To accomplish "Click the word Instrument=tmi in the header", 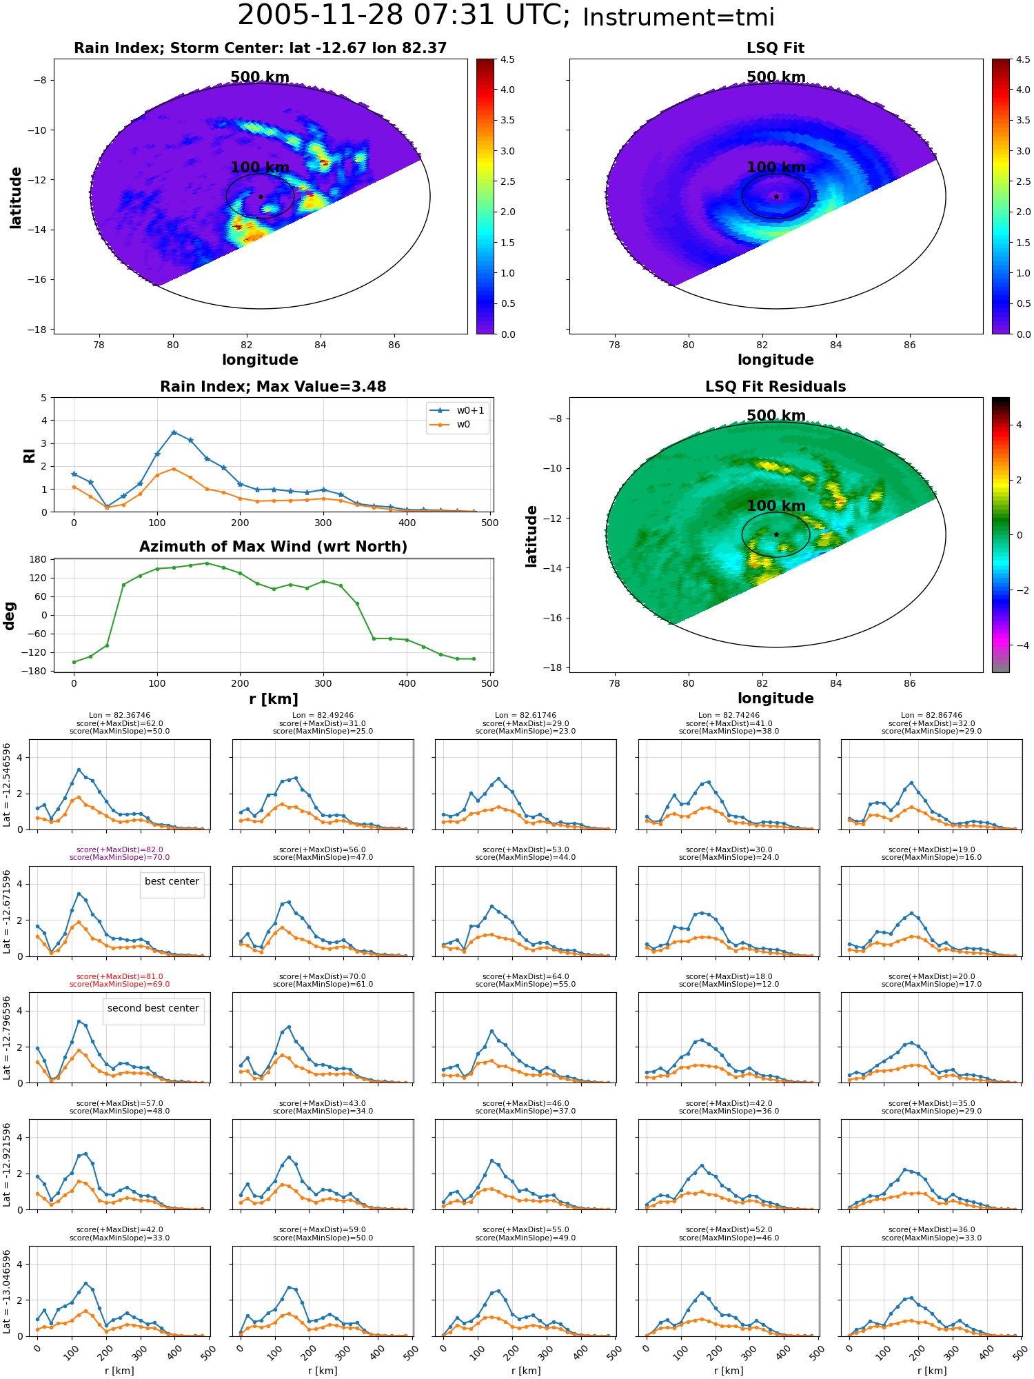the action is point(678,18).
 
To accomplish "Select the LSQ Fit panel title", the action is point(775,48).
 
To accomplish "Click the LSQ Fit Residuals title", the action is point(775,387).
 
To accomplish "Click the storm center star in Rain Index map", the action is point(261,197).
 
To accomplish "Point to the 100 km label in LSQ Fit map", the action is point(776,167).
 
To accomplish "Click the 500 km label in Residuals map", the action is point(776,415).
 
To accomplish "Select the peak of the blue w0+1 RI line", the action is point(174,432).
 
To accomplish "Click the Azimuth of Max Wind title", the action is point(273,547).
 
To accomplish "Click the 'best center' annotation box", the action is point(172,881).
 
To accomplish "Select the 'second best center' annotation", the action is point(153,1008).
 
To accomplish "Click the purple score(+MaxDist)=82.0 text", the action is point(119,849).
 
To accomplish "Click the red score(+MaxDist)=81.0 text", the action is point(119,976).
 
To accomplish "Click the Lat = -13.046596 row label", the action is point(7,1291).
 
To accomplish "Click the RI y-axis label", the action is point(30,455).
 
